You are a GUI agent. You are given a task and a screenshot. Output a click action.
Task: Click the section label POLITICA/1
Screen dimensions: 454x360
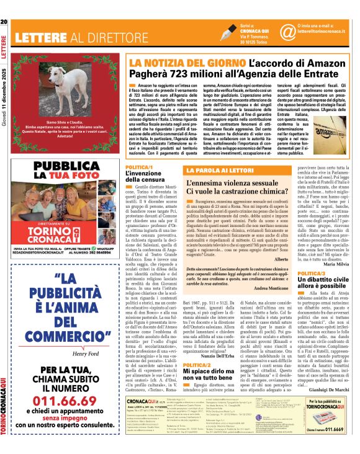coord(139,167)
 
